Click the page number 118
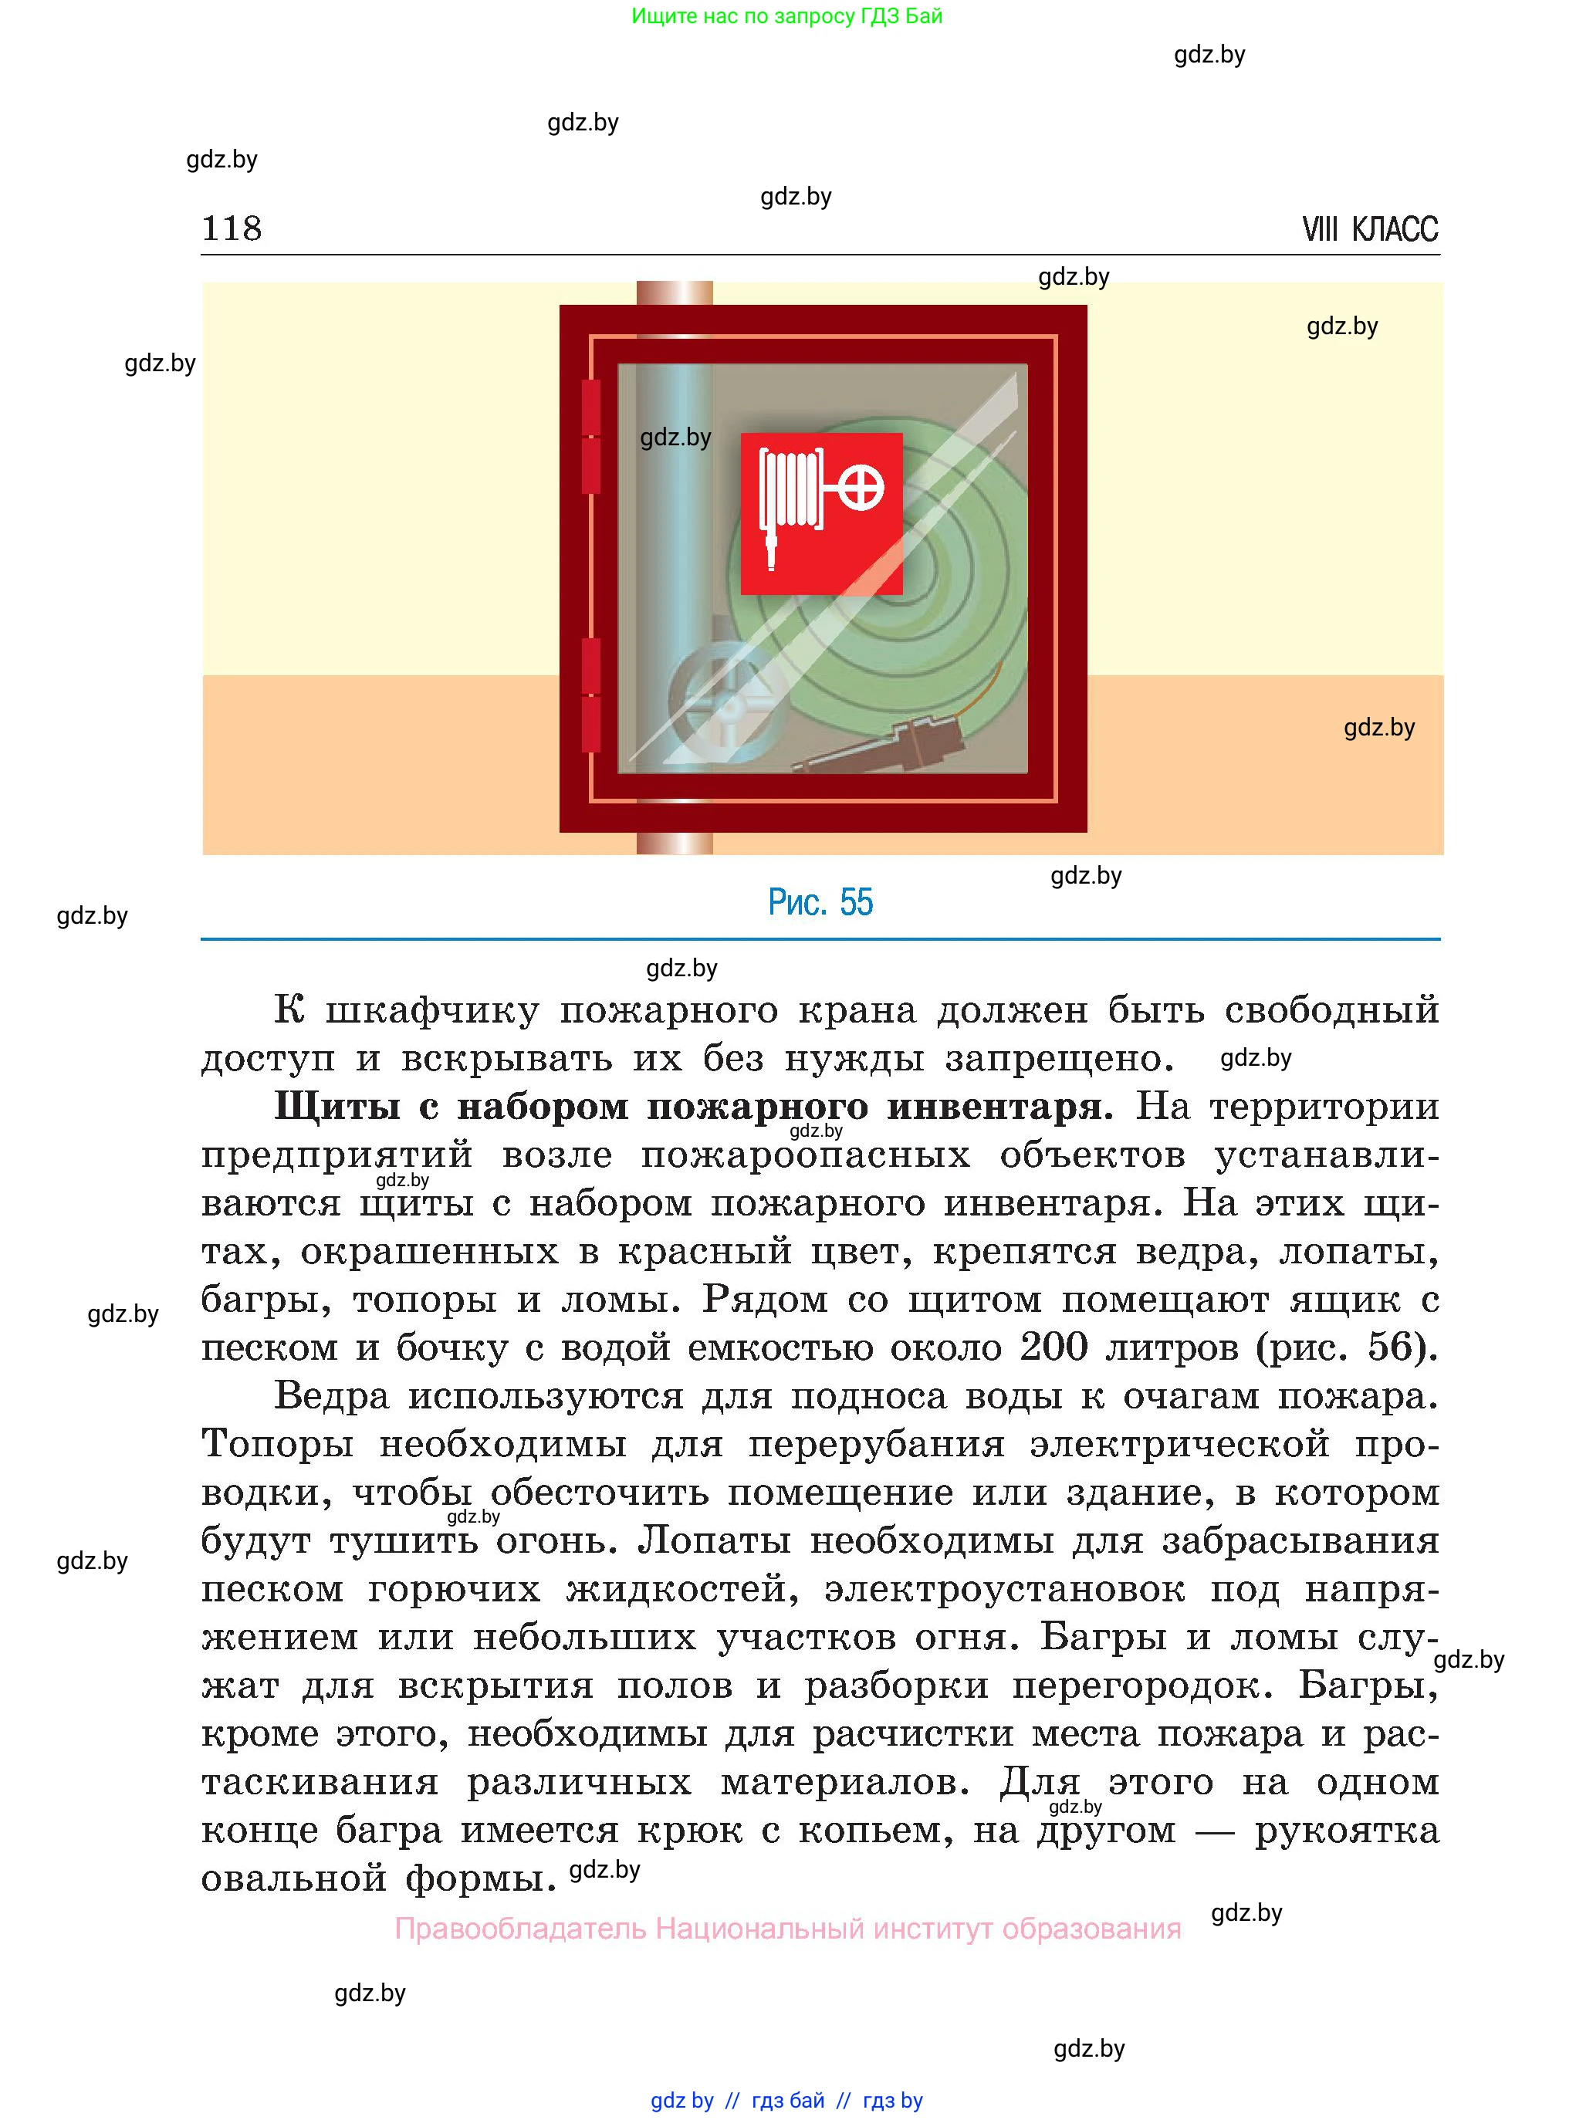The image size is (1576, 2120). (x=232, y=229)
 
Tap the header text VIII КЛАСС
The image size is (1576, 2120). (x=1369, y=230)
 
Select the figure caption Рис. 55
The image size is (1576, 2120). (x=820, y=902)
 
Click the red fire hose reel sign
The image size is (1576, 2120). (x=821, y=513)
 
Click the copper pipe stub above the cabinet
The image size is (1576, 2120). (x=675, y=292)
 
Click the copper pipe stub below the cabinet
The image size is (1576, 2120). (x=675, y=843)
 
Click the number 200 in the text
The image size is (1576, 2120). (x=1054, y=1347)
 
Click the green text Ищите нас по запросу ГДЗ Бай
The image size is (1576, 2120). (x=787, y=16)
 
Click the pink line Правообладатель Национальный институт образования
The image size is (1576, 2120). (x=788, y=1929)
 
